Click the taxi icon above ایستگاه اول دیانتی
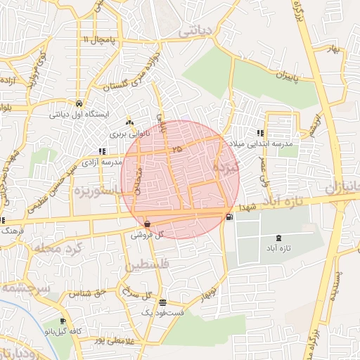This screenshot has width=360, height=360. (79, 101)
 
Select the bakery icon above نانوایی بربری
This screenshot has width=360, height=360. (129, 120)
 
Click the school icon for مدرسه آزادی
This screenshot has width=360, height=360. (103, 151)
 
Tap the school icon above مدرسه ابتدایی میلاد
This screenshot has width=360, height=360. (260, 133)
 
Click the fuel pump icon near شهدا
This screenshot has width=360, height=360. (230, 217)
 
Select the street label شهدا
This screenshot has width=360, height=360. (248, 208)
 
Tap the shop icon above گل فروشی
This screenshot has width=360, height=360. (146, 223)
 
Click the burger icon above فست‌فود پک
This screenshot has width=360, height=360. (163, 302)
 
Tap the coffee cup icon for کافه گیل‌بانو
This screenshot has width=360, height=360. (64, 321)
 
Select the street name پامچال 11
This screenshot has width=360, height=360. (96, 39)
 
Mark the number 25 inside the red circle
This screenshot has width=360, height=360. (175, 149)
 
